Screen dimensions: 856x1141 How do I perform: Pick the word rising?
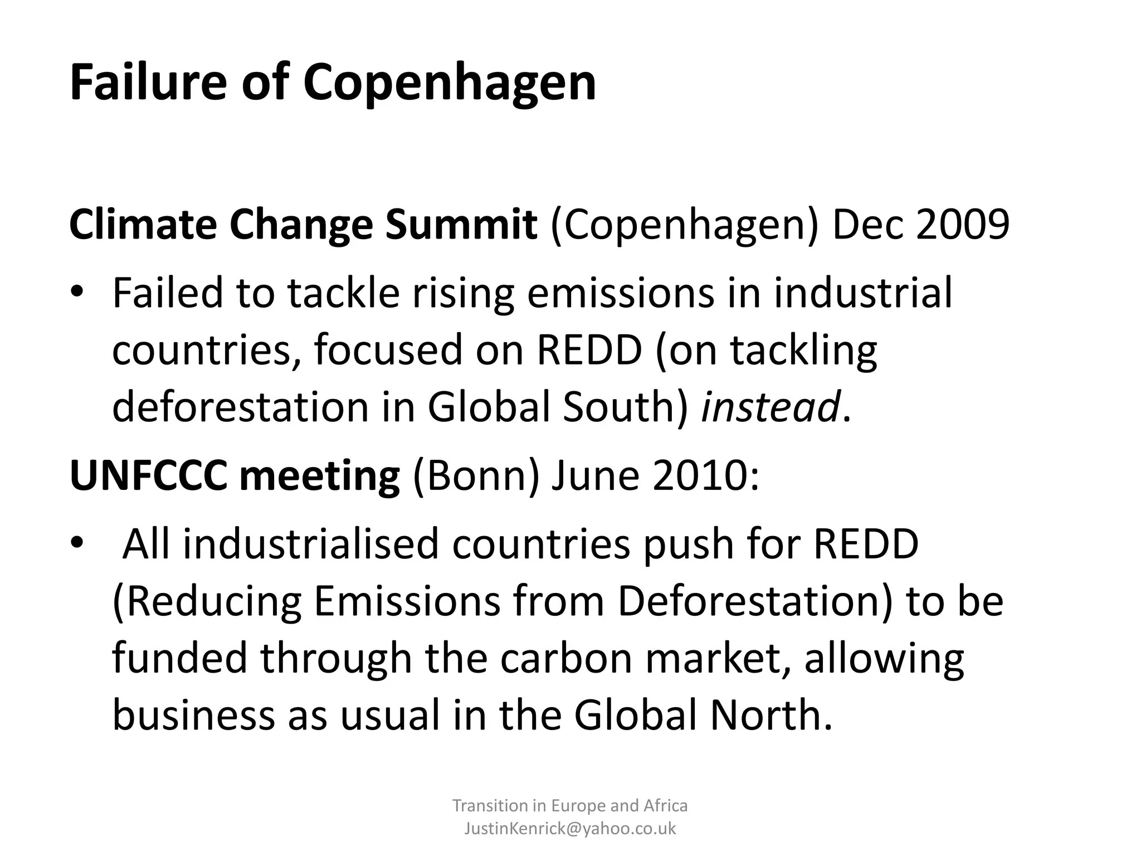[x=463, y=294]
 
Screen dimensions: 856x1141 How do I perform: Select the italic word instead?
[x=770, y=407]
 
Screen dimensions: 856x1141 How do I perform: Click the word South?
[x=626, y=407]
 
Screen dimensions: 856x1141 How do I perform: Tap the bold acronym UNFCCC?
[x=148, y=476]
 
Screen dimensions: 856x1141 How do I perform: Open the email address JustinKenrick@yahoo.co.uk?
[x=570, y=828]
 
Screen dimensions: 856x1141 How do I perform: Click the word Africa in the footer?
[x=665, y=805]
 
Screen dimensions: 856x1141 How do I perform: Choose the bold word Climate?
[x=143, y=225]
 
